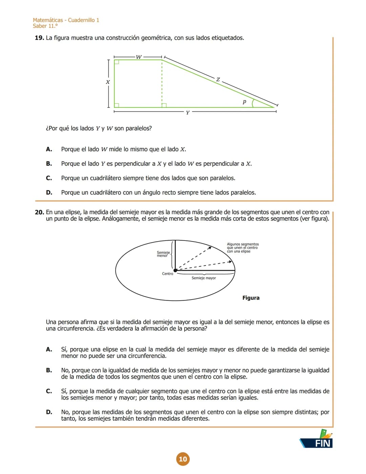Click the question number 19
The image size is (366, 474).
tap(39, 38)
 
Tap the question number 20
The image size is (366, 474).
tap(39, 212)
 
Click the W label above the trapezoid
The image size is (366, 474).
tap(139, 57)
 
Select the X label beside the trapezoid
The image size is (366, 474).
tap(108, 82)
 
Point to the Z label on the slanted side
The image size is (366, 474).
tap(218, 80)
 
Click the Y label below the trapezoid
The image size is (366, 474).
tap(188, 113)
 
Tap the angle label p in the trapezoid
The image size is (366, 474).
tap(244, 102)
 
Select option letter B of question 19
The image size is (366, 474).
tap(49, 164)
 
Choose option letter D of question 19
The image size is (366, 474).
tap(49, 192)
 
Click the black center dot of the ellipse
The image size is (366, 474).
tap(176, 270)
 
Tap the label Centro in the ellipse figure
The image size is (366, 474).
tap(167, 274)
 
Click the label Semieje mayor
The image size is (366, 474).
tap(204, 278)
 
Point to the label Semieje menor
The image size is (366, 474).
tap(163, 254)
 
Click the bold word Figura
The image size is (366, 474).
tap(251, 298)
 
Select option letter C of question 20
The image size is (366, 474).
tap(49, 391)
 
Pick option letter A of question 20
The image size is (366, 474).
tap(49, 349)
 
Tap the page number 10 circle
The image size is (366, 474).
tap(183, 459)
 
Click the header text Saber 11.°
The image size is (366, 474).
tap(45, 26)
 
